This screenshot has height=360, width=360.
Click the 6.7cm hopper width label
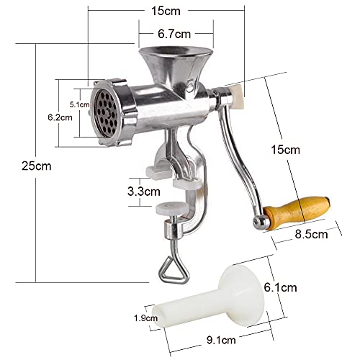174,34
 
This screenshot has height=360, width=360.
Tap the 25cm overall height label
37,166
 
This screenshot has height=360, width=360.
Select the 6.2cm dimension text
60,117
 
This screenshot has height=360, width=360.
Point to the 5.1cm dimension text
80,104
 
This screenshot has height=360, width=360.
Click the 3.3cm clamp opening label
144,192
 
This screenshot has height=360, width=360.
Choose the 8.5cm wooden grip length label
311,234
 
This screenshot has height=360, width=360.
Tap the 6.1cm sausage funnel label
281,287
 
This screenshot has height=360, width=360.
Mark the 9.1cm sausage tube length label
221,340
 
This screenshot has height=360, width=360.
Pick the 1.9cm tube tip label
145,318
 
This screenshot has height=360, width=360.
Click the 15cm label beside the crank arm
286,150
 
